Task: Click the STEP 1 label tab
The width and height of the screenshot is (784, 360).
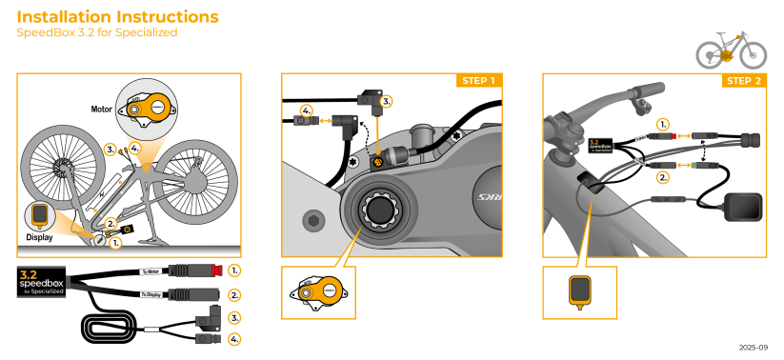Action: (478, 80)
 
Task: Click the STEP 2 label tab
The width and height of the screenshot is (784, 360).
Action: (744, 80)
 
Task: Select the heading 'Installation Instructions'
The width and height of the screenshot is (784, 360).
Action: (117, 17)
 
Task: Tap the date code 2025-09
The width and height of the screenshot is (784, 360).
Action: (753, 348)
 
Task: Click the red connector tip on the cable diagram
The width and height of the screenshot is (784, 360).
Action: (216, 271)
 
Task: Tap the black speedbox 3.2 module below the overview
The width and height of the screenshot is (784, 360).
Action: (40, 283)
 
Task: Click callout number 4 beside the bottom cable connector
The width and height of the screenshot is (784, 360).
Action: (234, 338)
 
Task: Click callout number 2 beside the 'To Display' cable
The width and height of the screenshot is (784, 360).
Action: (234, 295)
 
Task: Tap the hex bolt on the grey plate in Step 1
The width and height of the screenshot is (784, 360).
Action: (312, 221)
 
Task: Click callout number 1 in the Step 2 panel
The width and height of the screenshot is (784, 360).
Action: (663, 124)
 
